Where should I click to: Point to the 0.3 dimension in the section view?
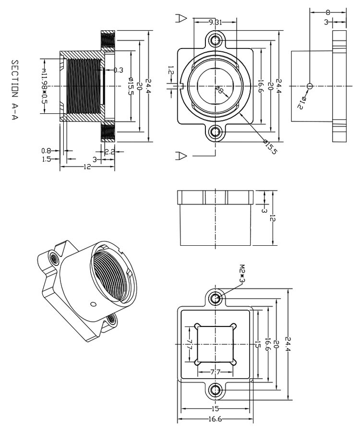tap(118, 70)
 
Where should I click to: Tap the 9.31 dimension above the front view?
tap(215, 22)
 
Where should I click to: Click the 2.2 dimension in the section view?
tap(109, 151)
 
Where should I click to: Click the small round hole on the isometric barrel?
tap(93, 304)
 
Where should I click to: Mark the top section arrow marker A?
tap(181, 18)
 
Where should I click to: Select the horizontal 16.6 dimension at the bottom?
tap(215, 419)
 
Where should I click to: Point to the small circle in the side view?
tap(309, 86)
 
